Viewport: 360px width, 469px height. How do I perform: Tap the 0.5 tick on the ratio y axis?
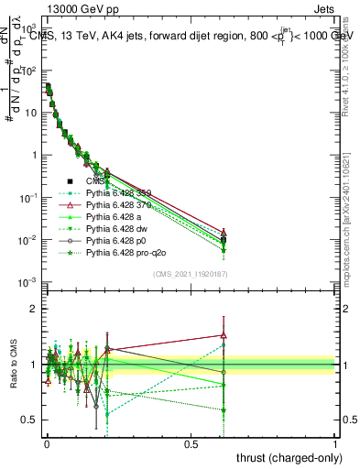[x=29, y=420]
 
